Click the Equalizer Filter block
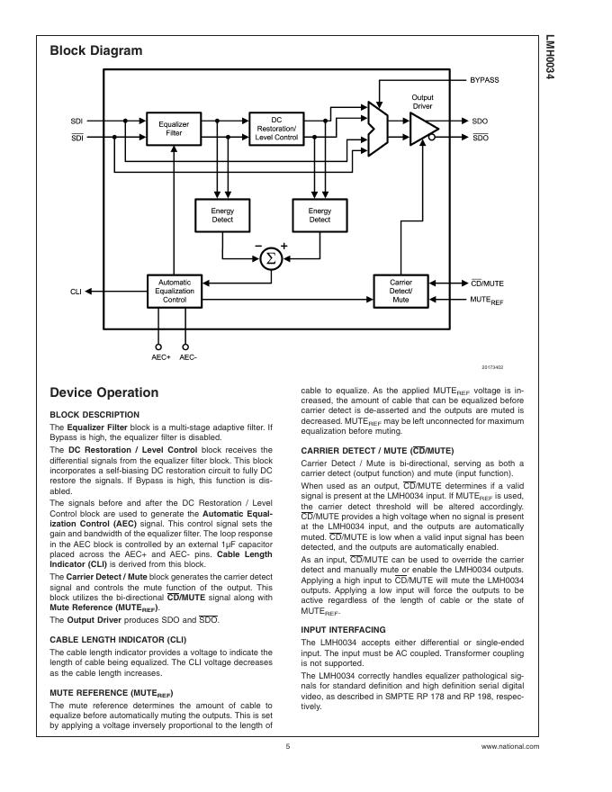pos(174,128)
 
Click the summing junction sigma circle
pos(270,259)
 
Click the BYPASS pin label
pos(484,80)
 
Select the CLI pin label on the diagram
pos(76,292)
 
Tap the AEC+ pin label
pos(160,357)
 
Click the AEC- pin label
pos(188,357)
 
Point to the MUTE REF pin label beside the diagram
pos(487,299)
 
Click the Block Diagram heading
pos(95,51)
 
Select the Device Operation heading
pos(104,392)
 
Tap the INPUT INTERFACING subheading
pos(342,629)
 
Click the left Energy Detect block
pos(216,214)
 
